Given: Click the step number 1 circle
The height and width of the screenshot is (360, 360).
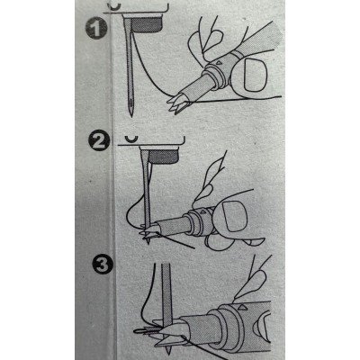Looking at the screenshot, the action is (96, 29).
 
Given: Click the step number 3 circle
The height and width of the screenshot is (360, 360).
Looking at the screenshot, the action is (103, 265).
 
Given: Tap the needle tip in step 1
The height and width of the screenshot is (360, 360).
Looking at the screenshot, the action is (130, 116).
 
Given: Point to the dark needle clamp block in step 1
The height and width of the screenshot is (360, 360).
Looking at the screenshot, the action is (148, 25).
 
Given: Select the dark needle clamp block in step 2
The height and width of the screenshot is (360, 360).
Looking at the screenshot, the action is (164, 157).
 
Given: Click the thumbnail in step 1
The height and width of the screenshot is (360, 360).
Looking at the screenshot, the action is (256, 75).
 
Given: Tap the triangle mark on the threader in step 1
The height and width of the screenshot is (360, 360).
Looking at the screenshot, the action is (219, 63).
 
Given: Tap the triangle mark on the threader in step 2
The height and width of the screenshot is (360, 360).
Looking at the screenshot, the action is (202, 211).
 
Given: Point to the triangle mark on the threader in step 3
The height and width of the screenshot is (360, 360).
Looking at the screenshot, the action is (241, 308).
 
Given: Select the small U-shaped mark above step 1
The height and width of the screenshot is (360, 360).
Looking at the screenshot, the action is (114, 7).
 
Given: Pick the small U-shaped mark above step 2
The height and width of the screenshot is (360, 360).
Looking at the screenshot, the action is (131, 139).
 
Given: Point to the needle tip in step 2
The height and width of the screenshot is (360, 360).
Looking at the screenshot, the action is (148, 242).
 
